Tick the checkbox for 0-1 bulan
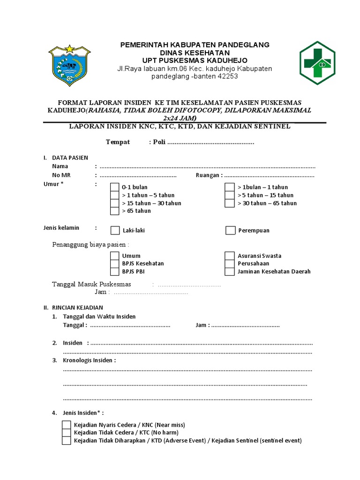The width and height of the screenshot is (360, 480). click(x=114, y=187)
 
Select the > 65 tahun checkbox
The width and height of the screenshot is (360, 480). click(x=114, y=211)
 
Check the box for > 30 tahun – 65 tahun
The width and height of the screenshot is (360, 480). click(x=229, y=203)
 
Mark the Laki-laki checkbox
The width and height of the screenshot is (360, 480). click(x=115, y=230)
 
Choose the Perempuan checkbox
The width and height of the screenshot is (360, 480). click(x=230, y=230)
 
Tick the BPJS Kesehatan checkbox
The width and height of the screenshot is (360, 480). click(x=114, y=263)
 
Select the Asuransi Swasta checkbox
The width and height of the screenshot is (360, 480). click(x=229, y=256)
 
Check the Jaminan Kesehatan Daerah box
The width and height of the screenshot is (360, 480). click(x=229, y=271)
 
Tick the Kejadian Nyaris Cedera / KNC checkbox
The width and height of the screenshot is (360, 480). click(x=67, y=425)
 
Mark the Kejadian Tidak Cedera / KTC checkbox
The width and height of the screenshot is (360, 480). click(x=67, y=433)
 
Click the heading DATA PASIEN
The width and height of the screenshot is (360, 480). click(x=70, y=158)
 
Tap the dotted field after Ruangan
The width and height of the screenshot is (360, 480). click(x=269, y=176)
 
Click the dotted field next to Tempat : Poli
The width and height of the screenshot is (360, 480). click(x=210, y=142)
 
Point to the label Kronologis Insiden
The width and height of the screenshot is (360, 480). click(x=89, y=360)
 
